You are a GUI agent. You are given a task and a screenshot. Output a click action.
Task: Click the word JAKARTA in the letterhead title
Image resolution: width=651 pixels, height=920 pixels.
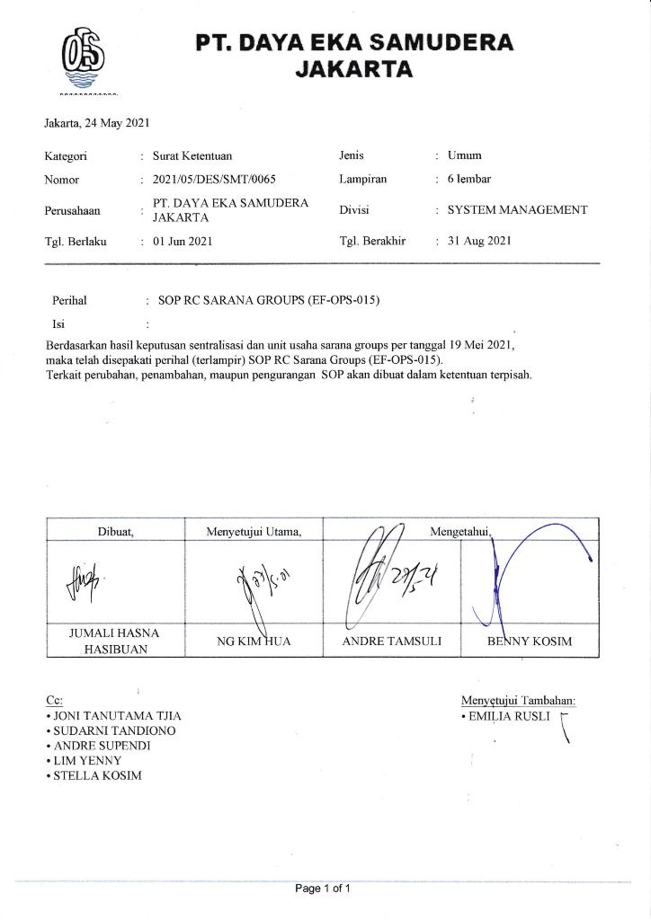coord(355,68)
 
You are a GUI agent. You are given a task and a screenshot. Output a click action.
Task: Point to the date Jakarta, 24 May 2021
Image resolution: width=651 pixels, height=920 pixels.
coord(97,122)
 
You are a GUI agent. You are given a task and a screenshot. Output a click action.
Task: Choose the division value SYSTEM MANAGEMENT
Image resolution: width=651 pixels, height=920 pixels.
coord(517,210)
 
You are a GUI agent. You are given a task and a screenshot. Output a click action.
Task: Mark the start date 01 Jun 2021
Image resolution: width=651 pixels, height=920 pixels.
coord(183,242)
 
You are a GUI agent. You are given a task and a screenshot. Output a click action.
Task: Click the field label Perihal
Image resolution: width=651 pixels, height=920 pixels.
coord(69,300)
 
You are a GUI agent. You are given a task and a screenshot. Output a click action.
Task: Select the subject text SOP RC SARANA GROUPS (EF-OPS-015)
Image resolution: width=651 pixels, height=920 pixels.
coord(269,300)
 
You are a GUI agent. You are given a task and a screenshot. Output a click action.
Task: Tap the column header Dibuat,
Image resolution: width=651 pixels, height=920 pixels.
coord(115,532)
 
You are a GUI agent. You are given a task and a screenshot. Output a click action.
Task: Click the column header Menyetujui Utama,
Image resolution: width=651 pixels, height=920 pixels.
coord(254,532)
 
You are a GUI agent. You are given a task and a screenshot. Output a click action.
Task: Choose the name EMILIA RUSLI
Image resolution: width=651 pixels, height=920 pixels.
coord(507,717)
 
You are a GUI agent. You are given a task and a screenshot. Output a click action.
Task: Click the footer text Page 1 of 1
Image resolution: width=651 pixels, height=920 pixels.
coord(323,889)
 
